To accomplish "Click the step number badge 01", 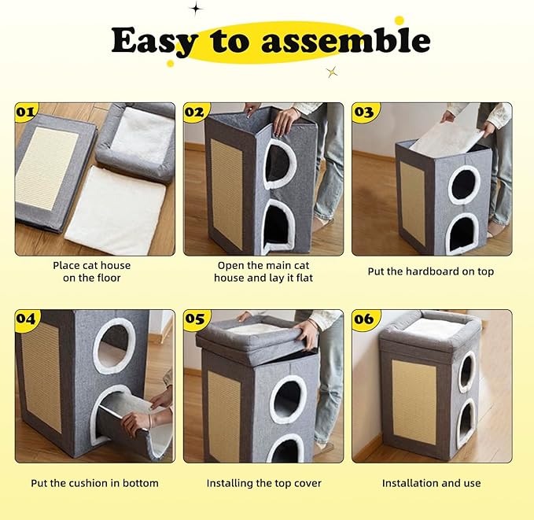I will pos(27,112).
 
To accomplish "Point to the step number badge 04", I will pos(27,319).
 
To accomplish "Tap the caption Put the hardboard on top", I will pos(431,271).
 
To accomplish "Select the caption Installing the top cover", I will pos(263,483).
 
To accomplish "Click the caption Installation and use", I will pos(431,483).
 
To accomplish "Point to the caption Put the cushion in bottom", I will pos(94,483).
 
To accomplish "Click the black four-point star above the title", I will pos(196,9).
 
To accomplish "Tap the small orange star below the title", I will pos(332,72).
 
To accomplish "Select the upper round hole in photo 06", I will pos(466,371).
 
